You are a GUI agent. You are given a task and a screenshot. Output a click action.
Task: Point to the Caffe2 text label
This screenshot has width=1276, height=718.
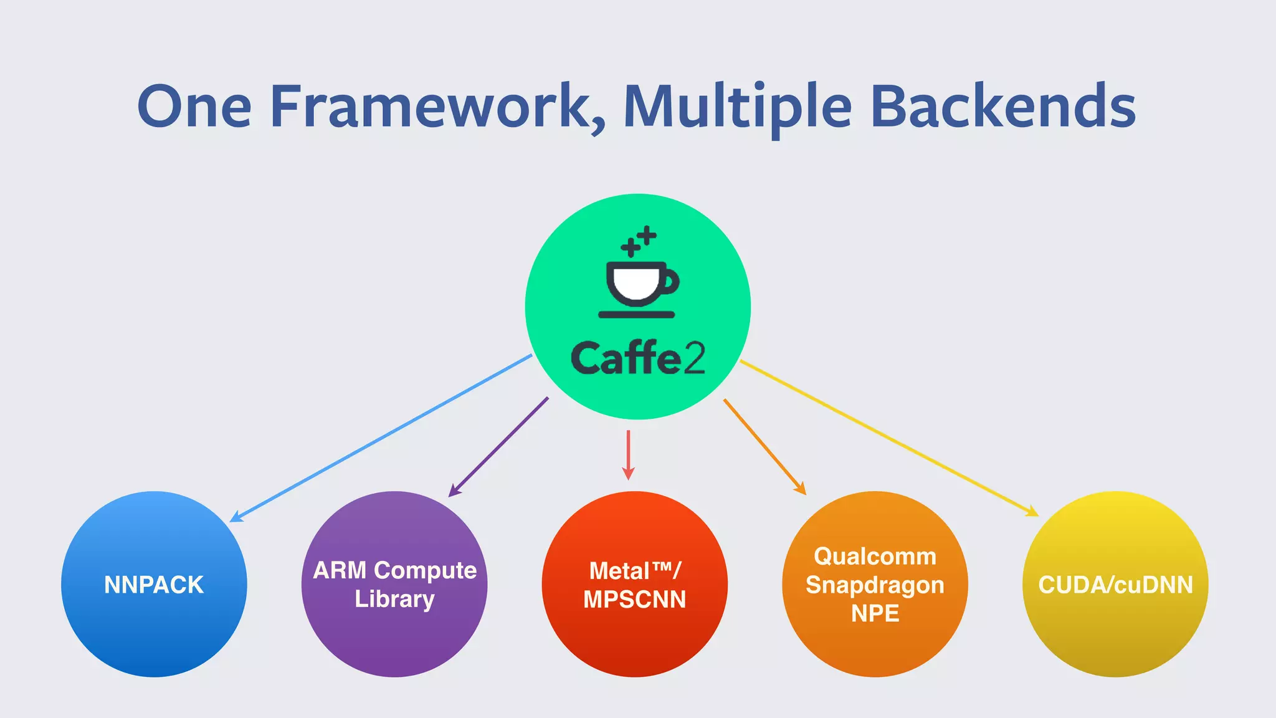[x=638, y=358]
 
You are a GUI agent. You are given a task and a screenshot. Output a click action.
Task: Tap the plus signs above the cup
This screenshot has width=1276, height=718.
[x=639, y=241]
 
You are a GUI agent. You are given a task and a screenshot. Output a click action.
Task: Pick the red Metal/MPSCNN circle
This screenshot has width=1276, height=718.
[x=634, y=642]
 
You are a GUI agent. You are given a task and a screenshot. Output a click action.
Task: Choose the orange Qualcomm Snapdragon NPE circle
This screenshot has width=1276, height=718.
[x=875, y=648]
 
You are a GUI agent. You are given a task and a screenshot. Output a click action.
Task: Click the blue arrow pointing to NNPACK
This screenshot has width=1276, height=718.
[x=380, y=438]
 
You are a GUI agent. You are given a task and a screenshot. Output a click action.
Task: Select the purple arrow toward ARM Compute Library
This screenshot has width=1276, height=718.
[x=498, y=447]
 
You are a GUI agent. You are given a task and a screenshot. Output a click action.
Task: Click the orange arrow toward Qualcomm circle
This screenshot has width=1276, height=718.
[x=764, y=447]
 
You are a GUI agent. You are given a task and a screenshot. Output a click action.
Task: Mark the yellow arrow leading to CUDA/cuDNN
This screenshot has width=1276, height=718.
[x=889, y=438]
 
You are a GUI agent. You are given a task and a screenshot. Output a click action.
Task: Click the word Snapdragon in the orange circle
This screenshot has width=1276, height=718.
[x=875, y=585]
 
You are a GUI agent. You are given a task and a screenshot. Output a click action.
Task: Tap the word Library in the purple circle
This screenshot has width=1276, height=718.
[x=394, y=599]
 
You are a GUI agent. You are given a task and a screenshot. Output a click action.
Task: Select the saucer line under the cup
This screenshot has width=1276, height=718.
[x=637, y=315]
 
